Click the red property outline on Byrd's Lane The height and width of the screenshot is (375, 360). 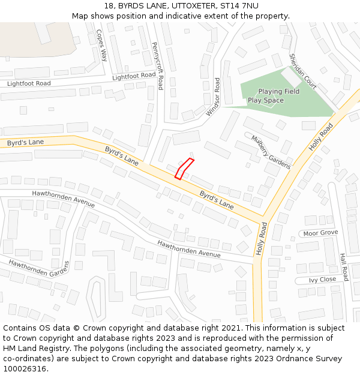183,169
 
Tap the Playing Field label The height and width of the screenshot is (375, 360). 278,92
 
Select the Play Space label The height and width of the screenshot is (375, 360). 265,100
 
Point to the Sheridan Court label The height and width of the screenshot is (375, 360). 302,71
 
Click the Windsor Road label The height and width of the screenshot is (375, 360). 214,97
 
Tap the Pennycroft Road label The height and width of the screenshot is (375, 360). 158,66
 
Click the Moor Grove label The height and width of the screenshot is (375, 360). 320,233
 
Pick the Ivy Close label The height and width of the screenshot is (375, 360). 322,280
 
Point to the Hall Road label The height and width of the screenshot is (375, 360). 344,266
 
